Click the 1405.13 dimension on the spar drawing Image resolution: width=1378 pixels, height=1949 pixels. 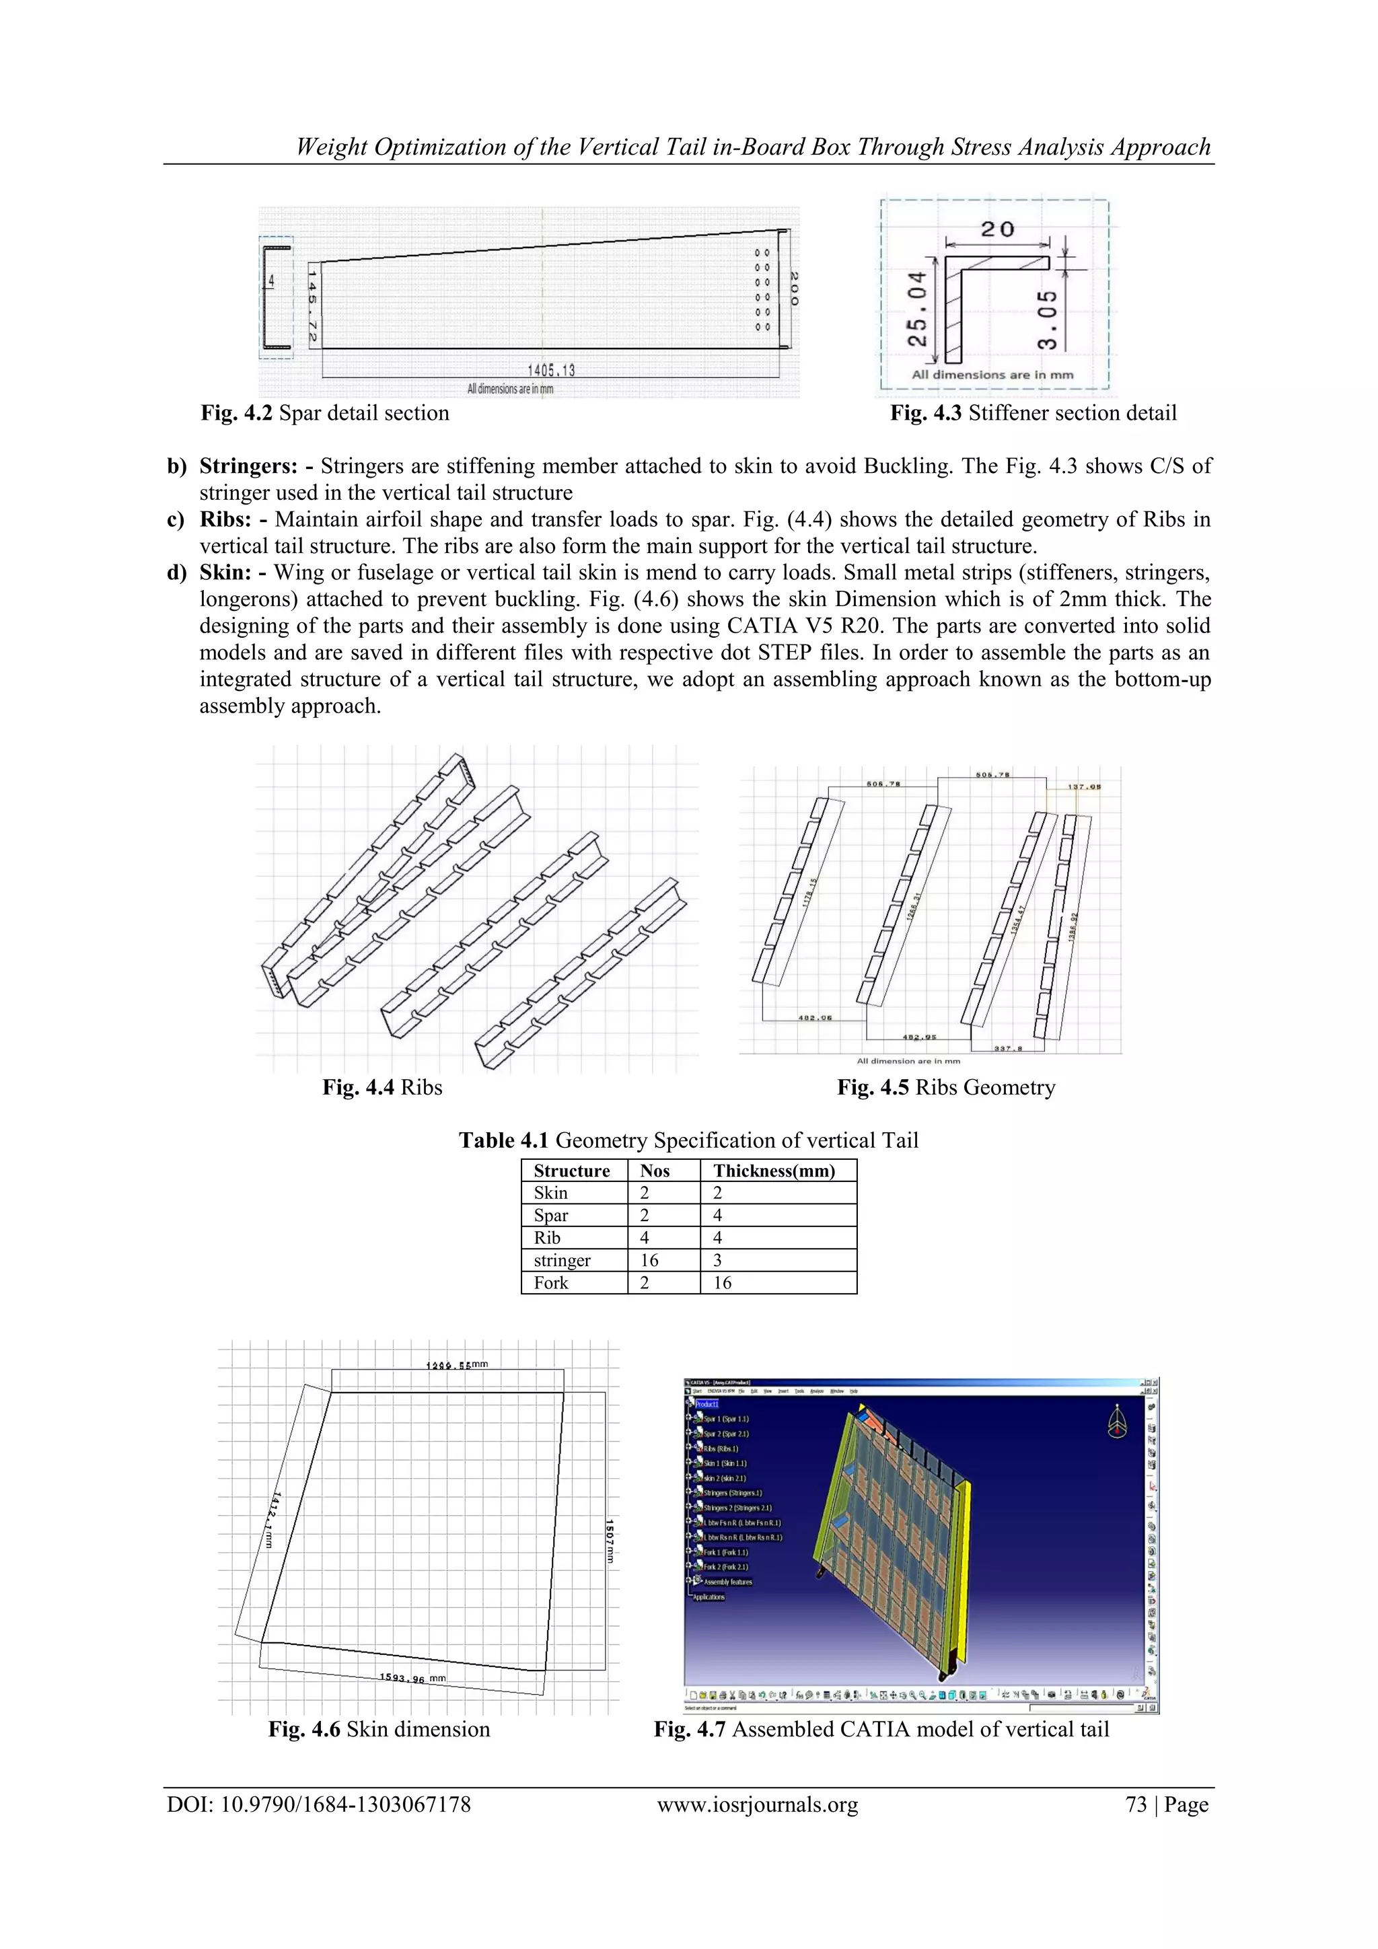point(551,370)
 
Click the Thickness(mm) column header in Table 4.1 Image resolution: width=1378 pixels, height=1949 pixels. point(774,1171)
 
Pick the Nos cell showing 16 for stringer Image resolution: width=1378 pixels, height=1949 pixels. point(649,1261)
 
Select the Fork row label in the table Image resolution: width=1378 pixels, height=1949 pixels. point(551,1283)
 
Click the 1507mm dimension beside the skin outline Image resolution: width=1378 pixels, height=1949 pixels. point(609,1541)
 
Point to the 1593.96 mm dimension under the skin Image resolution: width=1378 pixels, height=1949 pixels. point(412,1678)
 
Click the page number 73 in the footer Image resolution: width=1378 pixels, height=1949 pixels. point(1136,1805)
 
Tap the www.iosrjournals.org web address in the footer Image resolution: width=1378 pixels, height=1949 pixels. point(758,1805)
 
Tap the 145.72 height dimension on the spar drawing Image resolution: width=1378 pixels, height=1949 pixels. point(312,306)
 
